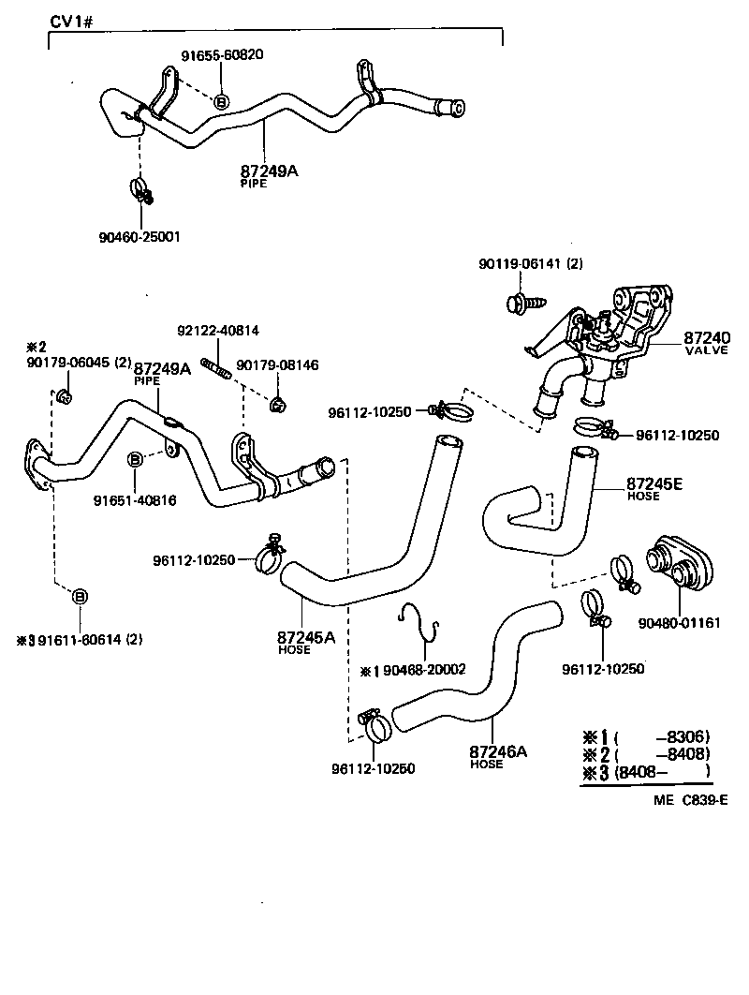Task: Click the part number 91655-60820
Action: [x=222, y=54]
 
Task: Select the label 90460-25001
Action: [x=139, y=237]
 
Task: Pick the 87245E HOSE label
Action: [x=654, y=488]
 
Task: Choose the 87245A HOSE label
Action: [x=306, y=642]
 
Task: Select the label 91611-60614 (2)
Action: [x=91, y=641]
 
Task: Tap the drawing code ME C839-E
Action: [x=690, y=800]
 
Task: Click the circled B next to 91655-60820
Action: [x=222, y=101]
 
